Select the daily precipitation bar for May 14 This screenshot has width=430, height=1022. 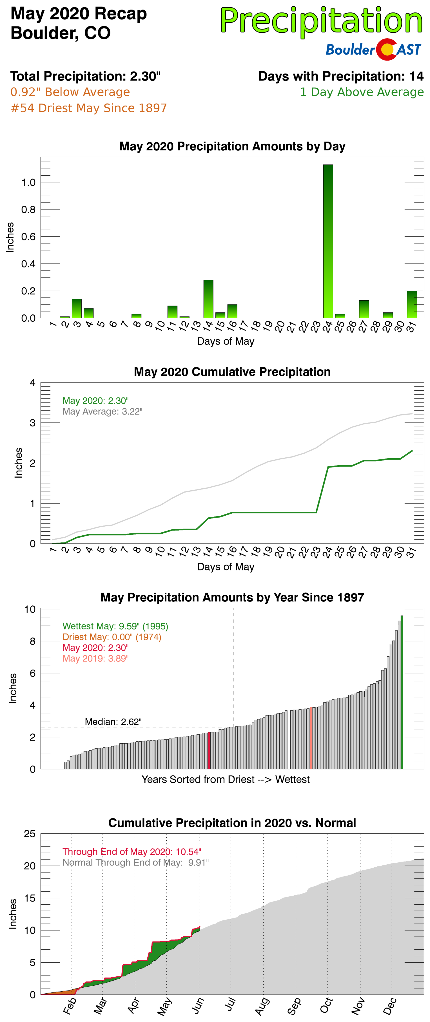208,299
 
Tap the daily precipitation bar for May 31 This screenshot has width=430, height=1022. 412,304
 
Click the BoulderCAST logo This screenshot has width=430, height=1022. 373,50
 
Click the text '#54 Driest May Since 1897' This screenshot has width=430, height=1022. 88,108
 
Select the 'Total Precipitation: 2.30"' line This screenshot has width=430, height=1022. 85,76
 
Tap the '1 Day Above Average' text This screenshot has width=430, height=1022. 361,92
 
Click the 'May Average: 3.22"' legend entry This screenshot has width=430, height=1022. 102,412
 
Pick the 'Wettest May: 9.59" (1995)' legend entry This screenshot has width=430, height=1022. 115,626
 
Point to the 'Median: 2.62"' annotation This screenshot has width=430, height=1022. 113,722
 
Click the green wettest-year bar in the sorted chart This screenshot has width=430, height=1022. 402,692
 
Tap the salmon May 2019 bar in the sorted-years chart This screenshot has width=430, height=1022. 311,738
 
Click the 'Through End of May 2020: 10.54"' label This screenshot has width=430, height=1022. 132,851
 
